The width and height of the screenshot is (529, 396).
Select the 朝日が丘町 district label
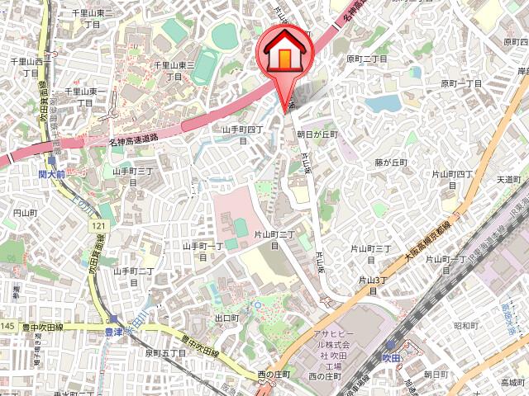(312, 134)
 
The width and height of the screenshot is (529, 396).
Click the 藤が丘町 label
(391, 163)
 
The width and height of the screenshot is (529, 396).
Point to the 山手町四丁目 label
(242, 134)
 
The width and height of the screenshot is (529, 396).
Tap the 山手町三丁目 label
(133, 176)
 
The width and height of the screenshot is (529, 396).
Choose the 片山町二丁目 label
(275, 240)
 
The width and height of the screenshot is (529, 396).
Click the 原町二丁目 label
(367, 59)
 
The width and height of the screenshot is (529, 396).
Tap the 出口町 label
(226, 318)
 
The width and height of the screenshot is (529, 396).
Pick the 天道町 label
(508, 179)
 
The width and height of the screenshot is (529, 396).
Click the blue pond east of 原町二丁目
(381, 103)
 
